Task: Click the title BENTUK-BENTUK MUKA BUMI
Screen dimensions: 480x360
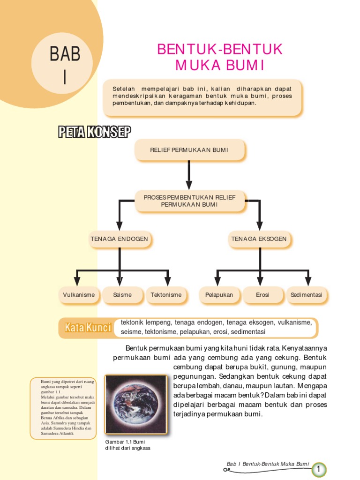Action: pos(220,57)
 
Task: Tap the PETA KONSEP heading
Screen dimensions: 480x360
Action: pos(94,133)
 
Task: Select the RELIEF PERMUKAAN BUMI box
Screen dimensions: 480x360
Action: pos(189,150)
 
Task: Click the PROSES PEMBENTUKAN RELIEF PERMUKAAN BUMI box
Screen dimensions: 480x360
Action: pos(189,201)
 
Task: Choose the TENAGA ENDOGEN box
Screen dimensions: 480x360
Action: pos(119,239)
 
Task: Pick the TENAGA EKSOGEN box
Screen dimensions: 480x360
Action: pos(259,239)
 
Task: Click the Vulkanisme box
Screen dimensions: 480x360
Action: pos(79,295)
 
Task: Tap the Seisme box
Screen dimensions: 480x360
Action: pos(122,295)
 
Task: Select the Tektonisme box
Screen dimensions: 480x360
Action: pos(166,295)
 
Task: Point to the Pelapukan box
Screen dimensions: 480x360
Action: pos(219,295)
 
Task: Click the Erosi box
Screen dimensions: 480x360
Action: pos(262,295)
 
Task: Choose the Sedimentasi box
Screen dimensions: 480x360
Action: pos(306,295)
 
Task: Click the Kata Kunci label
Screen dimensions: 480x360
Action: pos(88,327)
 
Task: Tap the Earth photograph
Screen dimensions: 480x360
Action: pos(136,404)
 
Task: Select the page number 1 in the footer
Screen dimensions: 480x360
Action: pos(318,469)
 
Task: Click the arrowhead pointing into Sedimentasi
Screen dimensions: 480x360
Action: pos(308,282)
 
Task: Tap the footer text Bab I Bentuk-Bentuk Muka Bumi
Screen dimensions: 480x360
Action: pos(268,464)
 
